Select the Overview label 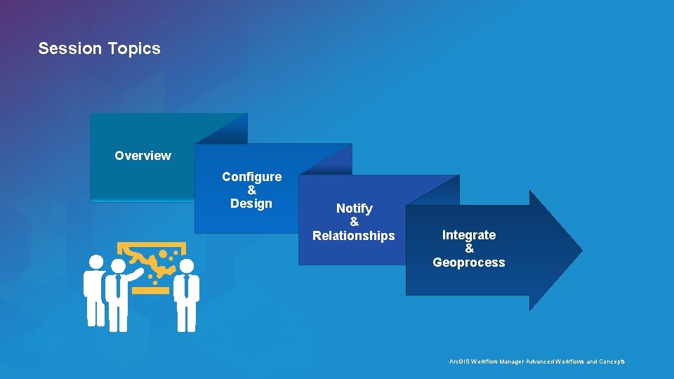(143, 156)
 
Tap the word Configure (251, 177)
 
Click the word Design (251, 204)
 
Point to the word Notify (355, 208)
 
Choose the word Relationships (354, 236)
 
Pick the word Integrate (469, 235)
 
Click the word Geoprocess (469, 262)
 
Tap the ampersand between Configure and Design (252, 190)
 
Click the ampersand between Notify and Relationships (355, 222)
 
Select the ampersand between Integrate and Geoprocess (470, 248)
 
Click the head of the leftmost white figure (95, 262)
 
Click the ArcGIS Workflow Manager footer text (536, 361)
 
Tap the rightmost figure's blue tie (187, 288)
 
